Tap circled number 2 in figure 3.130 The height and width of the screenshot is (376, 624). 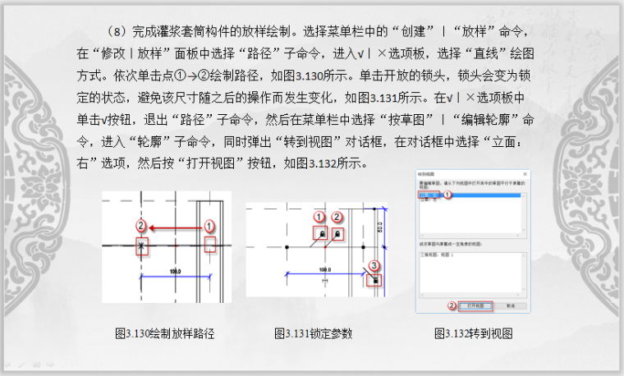(141, 225)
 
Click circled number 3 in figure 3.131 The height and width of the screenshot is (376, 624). (374, 265)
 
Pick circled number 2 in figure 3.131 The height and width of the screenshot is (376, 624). (337, 217)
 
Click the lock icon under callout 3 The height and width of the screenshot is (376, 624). (375, 280)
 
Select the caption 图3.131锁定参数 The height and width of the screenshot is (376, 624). (314, 333)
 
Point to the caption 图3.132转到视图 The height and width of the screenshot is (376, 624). (474, 333)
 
